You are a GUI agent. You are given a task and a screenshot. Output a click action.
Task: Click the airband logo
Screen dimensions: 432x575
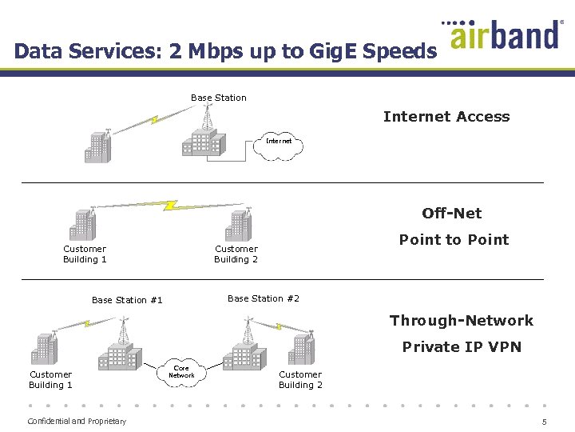point(505,35)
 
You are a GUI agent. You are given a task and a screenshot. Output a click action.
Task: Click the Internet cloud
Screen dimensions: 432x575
point(279,145)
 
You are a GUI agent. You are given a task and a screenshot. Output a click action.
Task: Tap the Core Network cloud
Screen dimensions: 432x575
point(181,372)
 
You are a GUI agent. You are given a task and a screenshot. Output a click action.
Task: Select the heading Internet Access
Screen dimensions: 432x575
point(446,117)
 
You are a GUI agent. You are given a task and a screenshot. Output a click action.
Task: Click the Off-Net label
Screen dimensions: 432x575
point(452,213)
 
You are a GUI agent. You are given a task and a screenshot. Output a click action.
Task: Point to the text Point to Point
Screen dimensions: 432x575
point(454,239)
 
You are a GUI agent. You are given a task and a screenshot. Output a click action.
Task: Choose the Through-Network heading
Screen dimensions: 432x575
point(461,321)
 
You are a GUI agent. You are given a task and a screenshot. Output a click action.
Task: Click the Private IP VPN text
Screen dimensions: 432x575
point(461,346)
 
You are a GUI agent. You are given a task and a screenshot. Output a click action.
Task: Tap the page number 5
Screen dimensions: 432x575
point(544,422)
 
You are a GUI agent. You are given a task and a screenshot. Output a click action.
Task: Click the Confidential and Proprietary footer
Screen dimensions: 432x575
point(77,422)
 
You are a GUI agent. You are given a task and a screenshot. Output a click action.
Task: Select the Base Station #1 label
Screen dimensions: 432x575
point(127,300)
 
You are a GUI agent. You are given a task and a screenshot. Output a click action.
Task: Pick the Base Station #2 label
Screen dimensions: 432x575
point(264,298)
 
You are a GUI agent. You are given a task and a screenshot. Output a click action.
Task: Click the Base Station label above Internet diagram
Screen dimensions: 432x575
point(218,98)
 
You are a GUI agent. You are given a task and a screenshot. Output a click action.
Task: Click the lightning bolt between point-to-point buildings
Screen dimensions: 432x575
point(169,205)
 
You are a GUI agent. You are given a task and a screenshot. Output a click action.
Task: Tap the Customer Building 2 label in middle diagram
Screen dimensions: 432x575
point(236,254)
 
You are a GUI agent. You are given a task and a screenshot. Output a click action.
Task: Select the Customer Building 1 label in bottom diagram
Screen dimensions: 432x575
point(50,379)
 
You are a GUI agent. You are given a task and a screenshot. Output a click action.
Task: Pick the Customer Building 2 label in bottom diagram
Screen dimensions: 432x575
point(300,379)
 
